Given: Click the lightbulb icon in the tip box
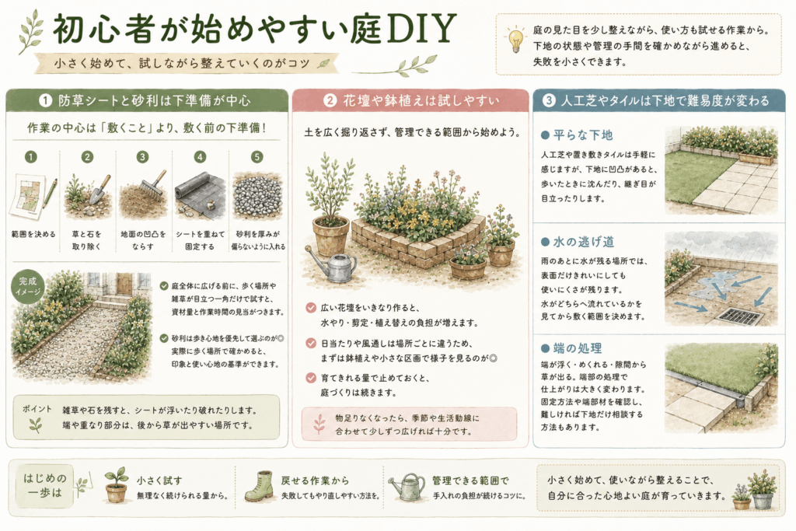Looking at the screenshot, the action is coord(515,39).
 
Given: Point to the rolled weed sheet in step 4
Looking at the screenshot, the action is coord(194,187).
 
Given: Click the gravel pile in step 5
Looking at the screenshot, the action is coord(257,196).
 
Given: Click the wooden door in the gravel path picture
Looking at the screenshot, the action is coord(124,284).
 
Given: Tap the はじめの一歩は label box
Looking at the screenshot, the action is coord(44,485).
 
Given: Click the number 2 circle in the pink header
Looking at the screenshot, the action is coord(330,100).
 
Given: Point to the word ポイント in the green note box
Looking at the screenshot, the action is coord(37,409).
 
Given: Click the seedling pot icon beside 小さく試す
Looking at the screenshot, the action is coord(117,486).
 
